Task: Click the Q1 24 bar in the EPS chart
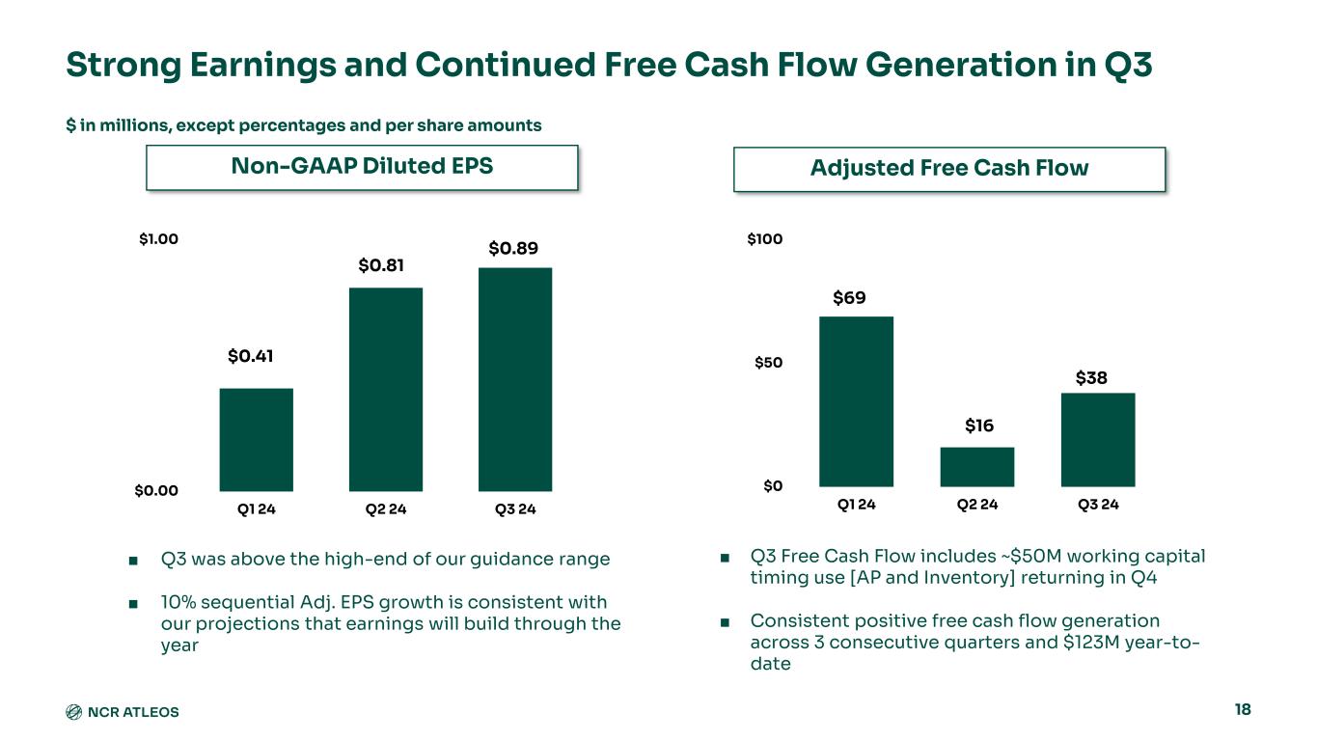click(256, 440)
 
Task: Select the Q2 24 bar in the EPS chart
click(386, 390)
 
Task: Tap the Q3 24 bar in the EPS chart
click(515, 379)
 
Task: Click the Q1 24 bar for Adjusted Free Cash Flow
click(856, 401)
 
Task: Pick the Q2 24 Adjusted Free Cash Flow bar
click(976, 467)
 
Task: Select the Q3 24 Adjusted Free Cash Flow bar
click(1097, 440)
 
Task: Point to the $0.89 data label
click(513, 249)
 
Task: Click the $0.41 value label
click(251, 356)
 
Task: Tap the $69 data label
click(849, 298)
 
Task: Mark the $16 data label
click(978, 425)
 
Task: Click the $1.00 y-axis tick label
click(157, 238)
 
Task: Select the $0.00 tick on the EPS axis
click(155, 490)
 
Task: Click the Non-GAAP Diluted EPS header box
click(362, 167)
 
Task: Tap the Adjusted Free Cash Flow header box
click(949, 169)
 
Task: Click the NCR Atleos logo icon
click(73, 712)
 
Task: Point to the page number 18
click(1242, 710)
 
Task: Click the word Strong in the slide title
click(119, 66)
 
